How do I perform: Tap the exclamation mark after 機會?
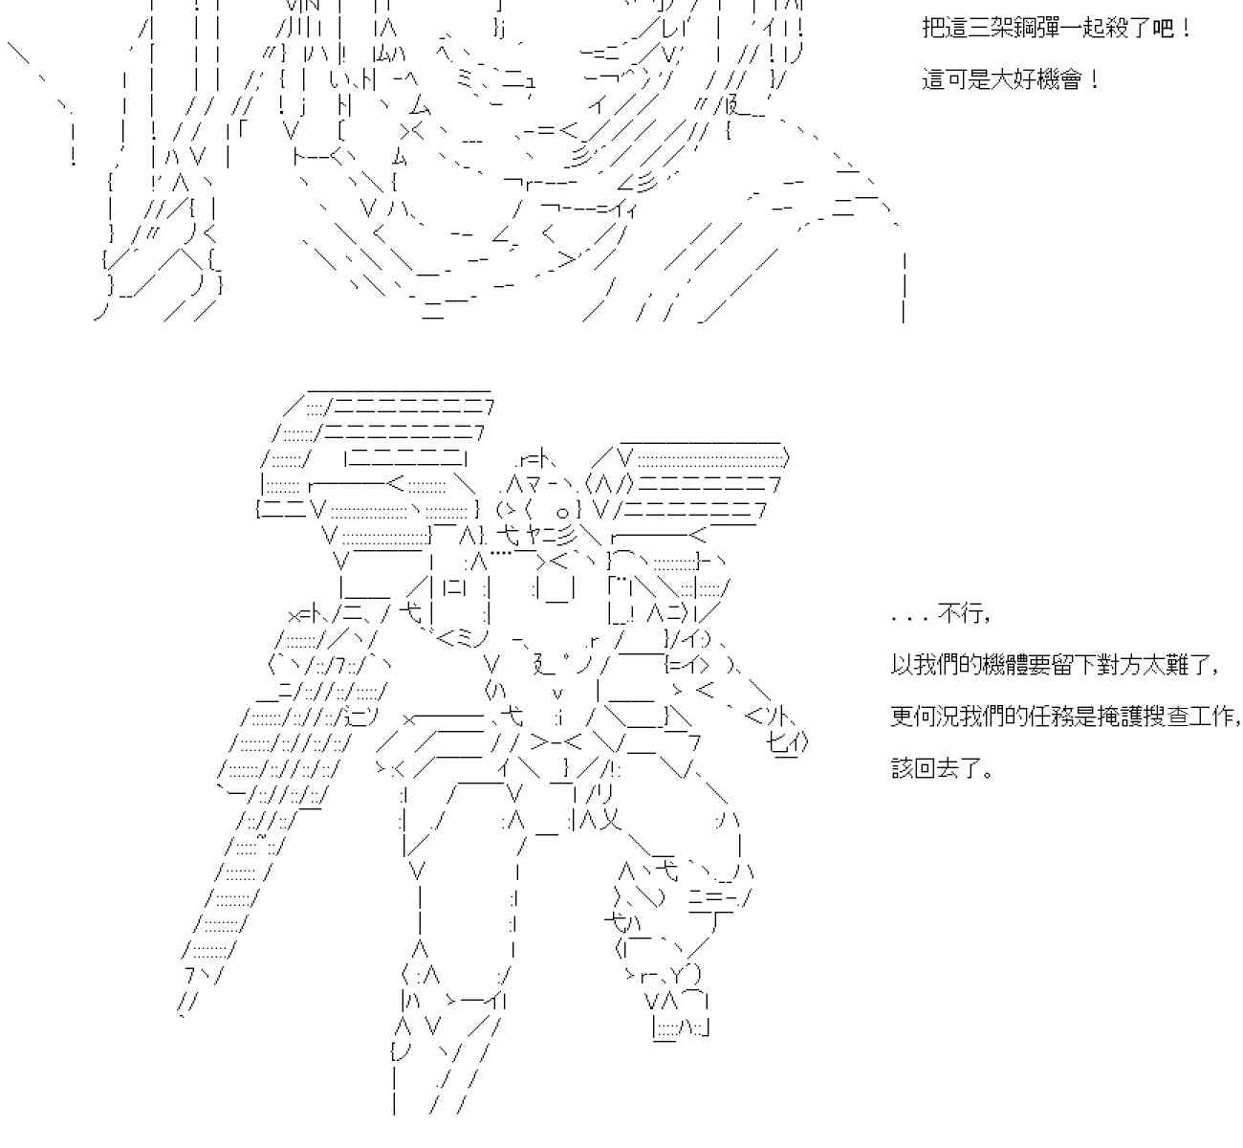pyautogui.click(x=1094, y=79)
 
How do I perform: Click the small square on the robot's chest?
pyautogui.click(x=556, y=589)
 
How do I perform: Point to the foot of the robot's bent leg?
pyautogui.click(x=679, y=1027)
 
